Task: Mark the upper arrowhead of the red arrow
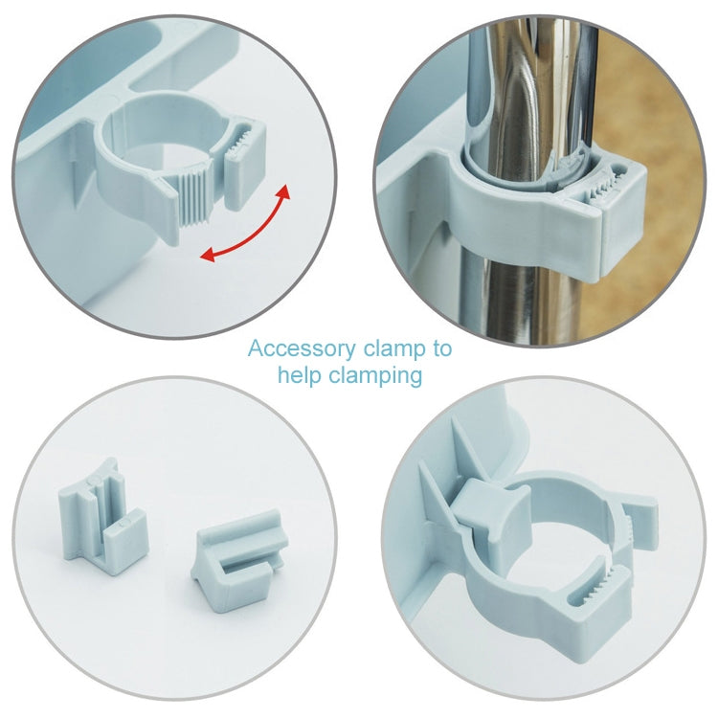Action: click(x=283, y=193)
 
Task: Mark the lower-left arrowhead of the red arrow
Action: click(x=207, y=254)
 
